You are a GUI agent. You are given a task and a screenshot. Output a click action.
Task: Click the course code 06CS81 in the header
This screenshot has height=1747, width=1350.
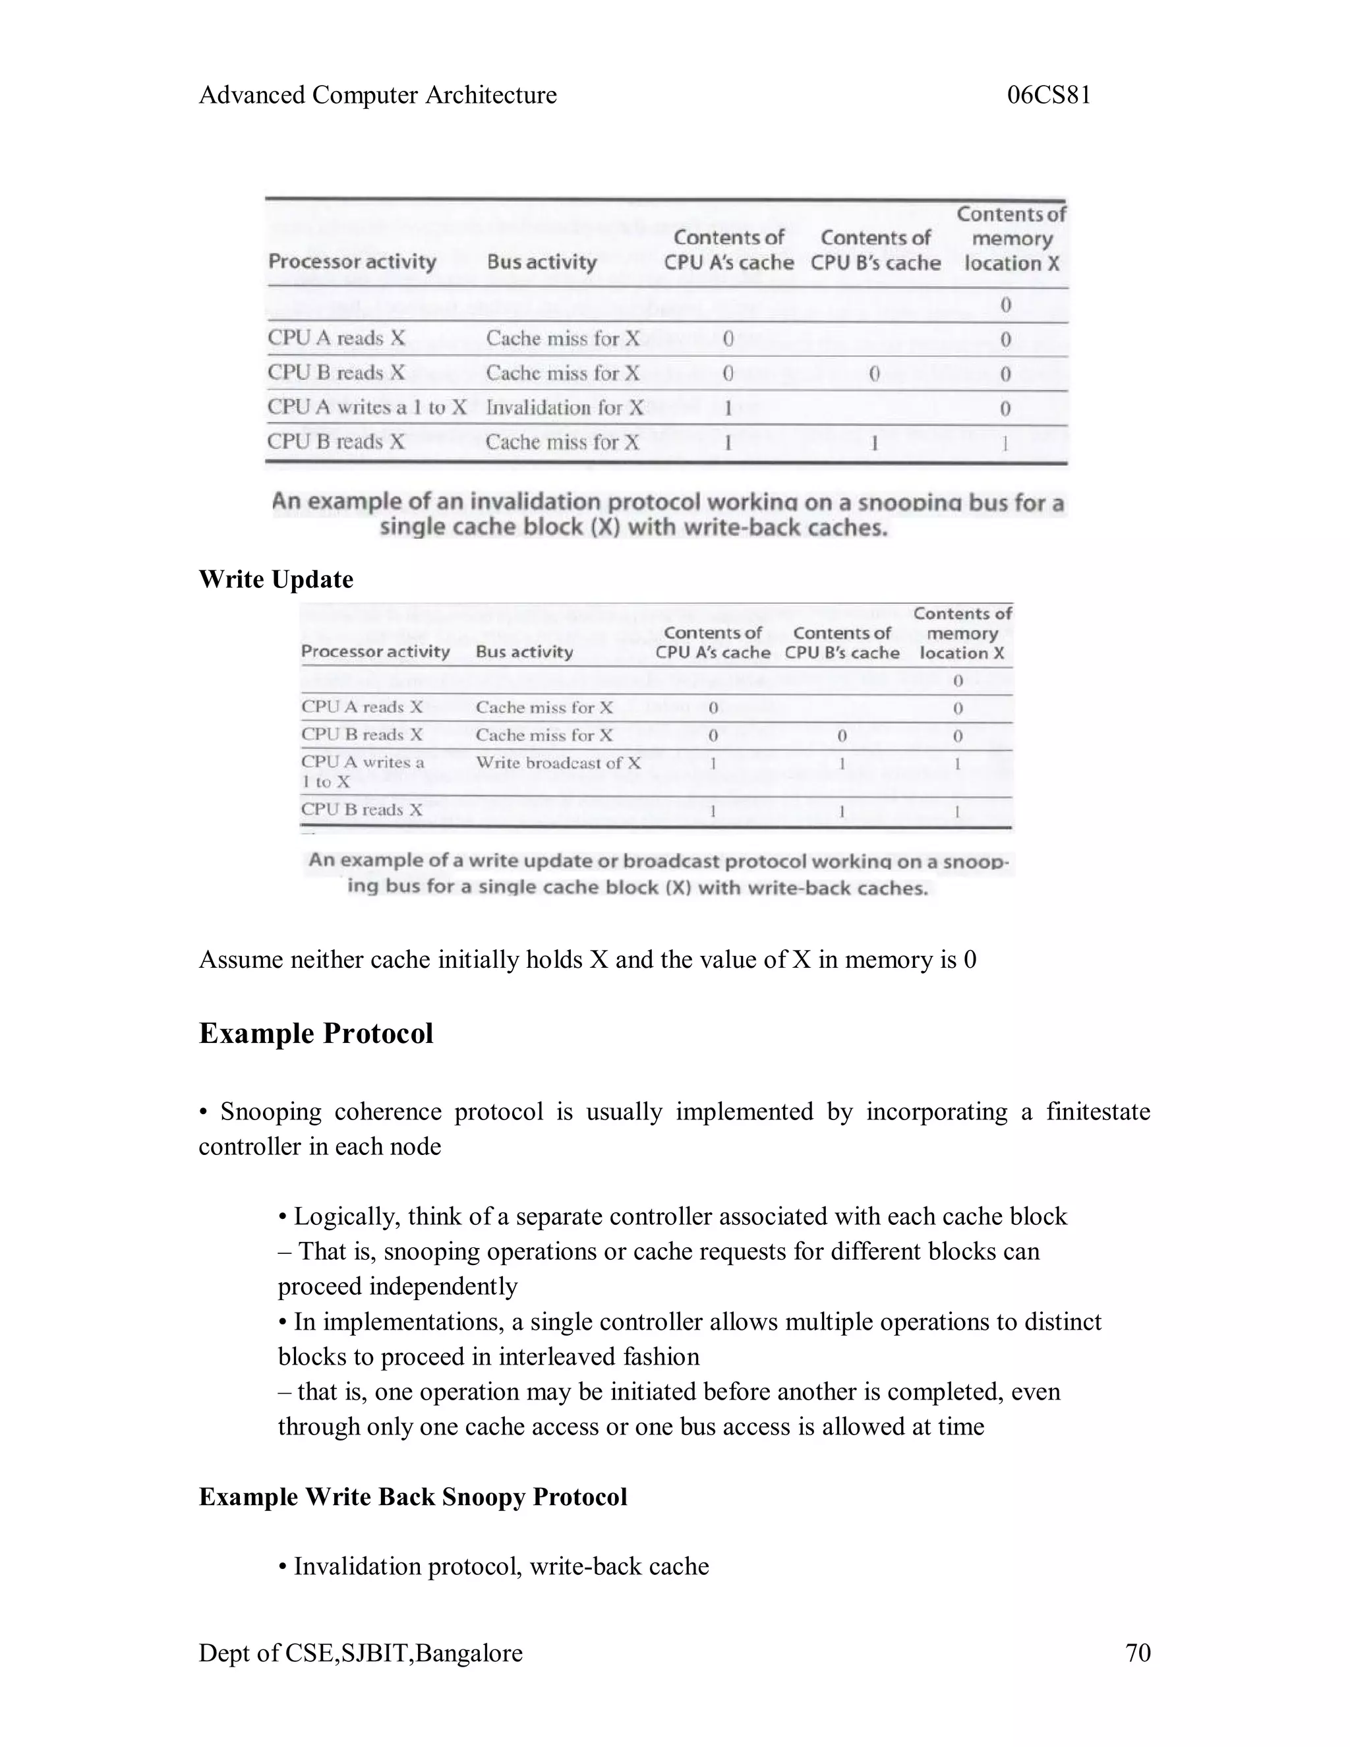pos(1049,95)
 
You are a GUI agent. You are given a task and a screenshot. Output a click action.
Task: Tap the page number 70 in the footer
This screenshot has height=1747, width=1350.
pos(1137,1653)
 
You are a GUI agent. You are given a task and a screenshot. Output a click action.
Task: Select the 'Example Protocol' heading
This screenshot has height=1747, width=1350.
pos(316,1034)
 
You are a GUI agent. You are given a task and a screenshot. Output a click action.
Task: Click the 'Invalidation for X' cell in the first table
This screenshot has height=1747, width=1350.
pos(565,408)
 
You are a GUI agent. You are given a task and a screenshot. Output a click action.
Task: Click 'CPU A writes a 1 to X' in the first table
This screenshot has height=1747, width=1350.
pos(367,407)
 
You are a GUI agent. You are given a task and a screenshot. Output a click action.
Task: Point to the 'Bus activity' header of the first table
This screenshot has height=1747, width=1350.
pos(541,262)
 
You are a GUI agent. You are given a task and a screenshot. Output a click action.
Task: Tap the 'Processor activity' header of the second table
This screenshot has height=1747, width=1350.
pos(375,652)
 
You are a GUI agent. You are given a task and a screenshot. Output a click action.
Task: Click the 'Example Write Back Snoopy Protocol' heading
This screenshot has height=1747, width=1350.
pos(413,1496)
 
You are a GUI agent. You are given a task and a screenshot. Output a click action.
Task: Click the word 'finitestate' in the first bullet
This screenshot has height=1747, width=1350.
pos(1098,1112)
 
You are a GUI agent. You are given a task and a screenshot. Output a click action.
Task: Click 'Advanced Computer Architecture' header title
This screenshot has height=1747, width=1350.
pos(378,95)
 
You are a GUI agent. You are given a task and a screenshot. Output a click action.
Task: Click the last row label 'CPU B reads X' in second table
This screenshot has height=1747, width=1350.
pos(361,810)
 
